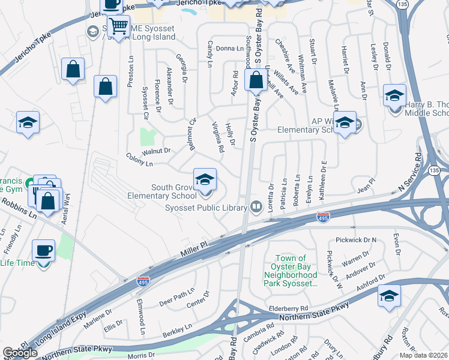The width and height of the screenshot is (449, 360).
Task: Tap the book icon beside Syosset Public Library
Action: click(x=256, y=207)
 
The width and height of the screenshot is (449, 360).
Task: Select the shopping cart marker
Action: click(x=119, y=27)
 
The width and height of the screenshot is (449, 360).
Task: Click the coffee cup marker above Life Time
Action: click(x=44, y=250)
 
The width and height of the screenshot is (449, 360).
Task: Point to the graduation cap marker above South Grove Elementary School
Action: click(x=205, y=179)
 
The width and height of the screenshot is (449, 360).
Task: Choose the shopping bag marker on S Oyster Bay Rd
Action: click(x=256, y=80)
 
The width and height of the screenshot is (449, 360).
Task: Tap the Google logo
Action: click(x=20, y=353)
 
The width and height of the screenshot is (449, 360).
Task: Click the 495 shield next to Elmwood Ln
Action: click(x=143, y=280)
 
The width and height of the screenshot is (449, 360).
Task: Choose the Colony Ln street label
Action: click(x=139, y=163)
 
